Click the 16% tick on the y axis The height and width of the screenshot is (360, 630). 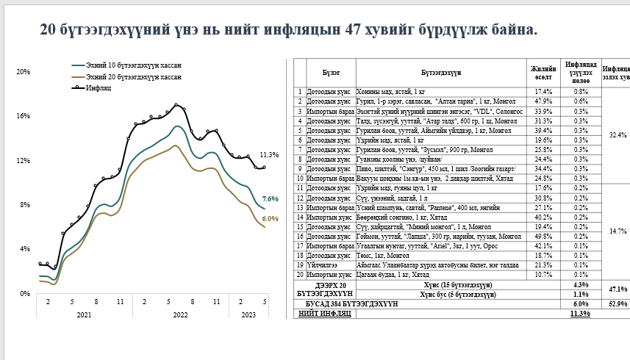pos(23,116)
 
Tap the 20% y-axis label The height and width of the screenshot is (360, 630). pos(23,71)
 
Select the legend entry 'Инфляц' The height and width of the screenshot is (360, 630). pos(98,87)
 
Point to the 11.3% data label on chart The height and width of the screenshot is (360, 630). pos(269,155)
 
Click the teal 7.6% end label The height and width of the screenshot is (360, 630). pos(270,199)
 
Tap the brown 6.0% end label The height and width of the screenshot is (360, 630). pos(270,219)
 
